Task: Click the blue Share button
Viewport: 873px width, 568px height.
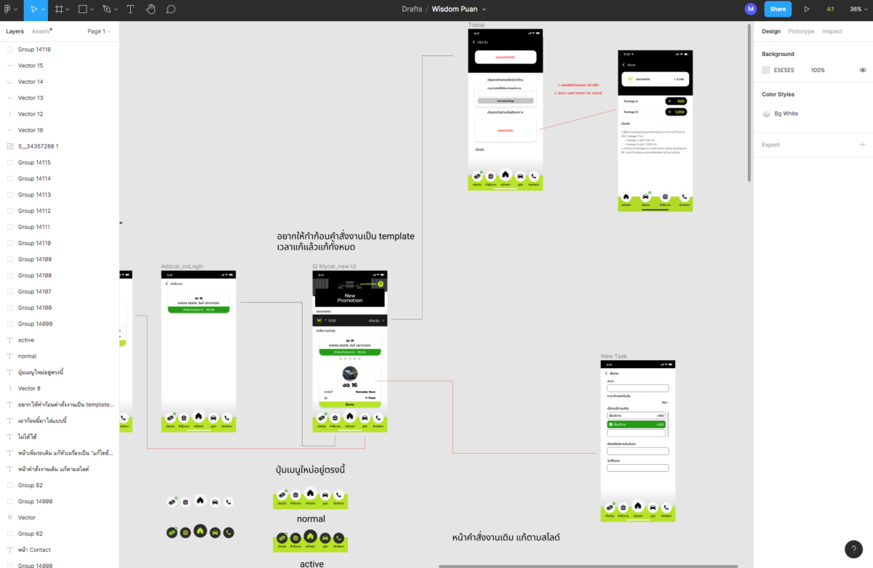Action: [x=778, y=9]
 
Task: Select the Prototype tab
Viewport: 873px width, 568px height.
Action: [x=801, y=31]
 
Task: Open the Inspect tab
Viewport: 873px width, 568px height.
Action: [x=832, y=31]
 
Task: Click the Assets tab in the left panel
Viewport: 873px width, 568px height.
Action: [x=41, y=31]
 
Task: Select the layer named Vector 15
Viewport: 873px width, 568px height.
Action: [x=31, y=65]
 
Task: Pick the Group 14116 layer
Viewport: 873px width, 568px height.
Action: [x=34, y=49]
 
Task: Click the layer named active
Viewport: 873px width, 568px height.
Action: [x=26, y=340]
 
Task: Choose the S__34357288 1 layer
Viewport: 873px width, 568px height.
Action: [x=38, y=146]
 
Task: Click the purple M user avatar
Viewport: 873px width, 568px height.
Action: [x=751, y=9]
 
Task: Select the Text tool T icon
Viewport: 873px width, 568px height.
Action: [x=130, y=9]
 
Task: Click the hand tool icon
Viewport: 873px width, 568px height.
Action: [x=151, y=9]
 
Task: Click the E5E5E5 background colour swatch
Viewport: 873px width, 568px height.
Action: [x=766, y=71]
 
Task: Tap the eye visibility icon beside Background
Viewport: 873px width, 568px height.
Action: [x=863, y=71]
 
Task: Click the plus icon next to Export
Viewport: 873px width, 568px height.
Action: [x=863, y=145]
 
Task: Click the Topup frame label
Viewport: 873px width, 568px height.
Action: [x=477, y=25]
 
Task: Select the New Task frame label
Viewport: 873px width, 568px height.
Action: [x=613, y=356]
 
